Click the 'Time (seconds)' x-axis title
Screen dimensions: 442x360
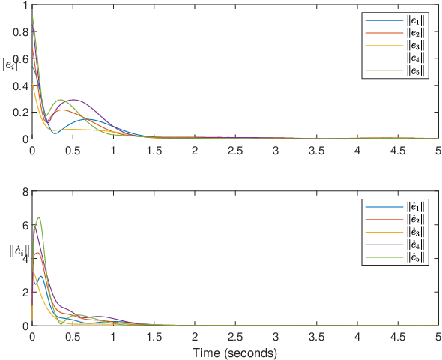pyautogui.click(x=234, y=353)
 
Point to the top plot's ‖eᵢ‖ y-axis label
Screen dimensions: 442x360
pyautogui.click(x=10, y=64)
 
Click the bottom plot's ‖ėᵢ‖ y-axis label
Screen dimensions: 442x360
pyautogui.click(x=19, y=251)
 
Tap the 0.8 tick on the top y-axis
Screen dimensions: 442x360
pyautogui.click(x=20, y=32)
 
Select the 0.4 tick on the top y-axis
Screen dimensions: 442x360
pyautogui.click(x=20, y=85)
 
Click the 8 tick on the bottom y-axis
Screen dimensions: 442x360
pyautogui.click(x=25, y=193)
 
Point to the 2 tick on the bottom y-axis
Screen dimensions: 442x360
pyautogui.click(x=25, y=292)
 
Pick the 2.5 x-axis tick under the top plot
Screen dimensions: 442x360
pyautogui.click(x=235, y=151)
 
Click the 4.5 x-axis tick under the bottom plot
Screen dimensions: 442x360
pyautogui.click(x=398, y=337)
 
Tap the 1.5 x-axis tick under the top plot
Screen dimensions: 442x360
pyautogui.click(x=154, y=151)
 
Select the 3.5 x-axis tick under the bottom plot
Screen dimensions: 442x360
pyautogui.click(x=317, y=337)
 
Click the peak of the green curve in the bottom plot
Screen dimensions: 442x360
pyautogui.click(x=39, y=217)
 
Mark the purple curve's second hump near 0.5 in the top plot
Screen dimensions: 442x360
pyautogui.click(x=74, y=100)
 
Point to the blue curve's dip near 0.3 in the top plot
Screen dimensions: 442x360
pyautogui.click(x=55, y=133)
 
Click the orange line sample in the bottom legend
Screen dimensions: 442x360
pyautogui.click(x=384, y=220)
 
